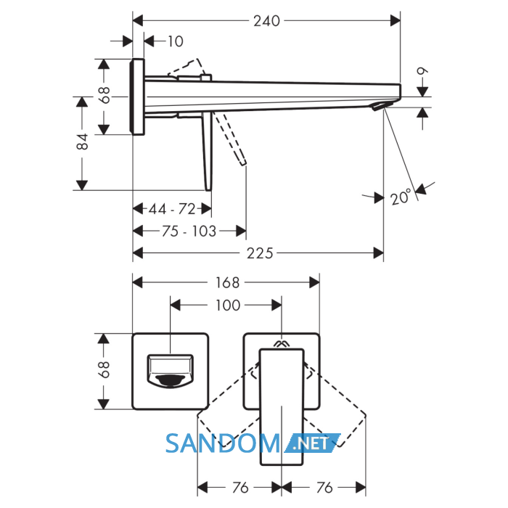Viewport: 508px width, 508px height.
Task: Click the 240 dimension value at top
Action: click(266, 21)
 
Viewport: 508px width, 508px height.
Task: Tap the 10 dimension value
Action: click(176, 41)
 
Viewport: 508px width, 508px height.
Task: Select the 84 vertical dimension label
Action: click(82, 142)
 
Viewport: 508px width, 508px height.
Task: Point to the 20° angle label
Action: click(401, 197)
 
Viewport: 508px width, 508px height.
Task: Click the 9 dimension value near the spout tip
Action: click(422, 71)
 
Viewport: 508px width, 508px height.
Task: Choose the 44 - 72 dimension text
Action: click(172, 209)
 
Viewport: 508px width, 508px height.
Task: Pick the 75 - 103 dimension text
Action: click(189, 232)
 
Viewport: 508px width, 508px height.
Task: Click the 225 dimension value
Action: click(260, 253)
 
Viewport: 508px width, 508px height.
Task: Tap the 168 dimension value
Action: click(227, 282)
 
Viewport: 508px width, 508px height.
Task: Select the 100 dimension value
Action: click(228, 306)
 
